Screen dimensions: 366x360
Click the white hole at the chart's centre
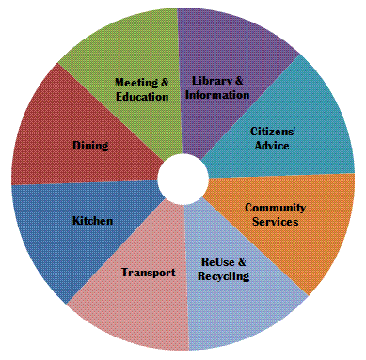(x=180, y=179)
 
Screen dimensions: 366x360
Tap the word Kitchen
(x=92, y=221)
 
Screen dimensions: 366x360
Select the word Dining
(x=90, y=146)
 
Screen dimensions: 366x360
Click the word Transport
(x=149, y=273)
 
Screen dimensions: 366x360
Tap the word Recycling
(x=224, y=276)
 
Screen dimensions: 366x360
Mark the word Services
(x=276, y=222)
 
